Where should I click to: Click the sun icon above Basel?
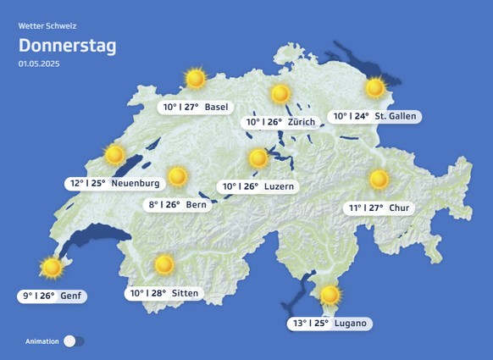[196, 79]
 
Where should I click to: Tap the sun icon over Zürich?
[280, 93]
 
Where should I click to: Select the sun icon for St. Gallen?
[375, 87]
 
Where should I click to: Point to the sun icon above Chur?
[379, 180]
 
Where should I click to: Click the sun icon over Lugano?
[330, 295]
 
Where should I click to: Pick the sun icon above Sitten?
[164, 265]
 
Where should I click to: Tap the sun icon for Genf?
[53, 268]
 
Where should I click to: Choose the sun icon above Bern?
[177, 176]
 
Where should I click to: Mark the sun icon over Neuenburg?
[114, 155]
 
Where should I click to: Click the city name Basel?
[216, 107]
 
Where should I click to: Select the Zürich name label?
[301, 122]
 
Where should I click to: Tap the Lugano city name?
[352, 323]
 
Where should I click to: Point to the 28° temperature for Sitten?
[157, 293]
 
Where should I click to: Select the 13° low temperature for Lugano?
[299, 323]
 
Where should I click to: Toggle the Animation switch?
[75, 341]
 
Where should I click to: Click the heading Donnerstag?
[68, 46]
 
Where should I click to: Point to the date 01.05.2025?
[39, 64]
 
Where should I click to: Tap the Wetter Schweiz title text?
[47, 26]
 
